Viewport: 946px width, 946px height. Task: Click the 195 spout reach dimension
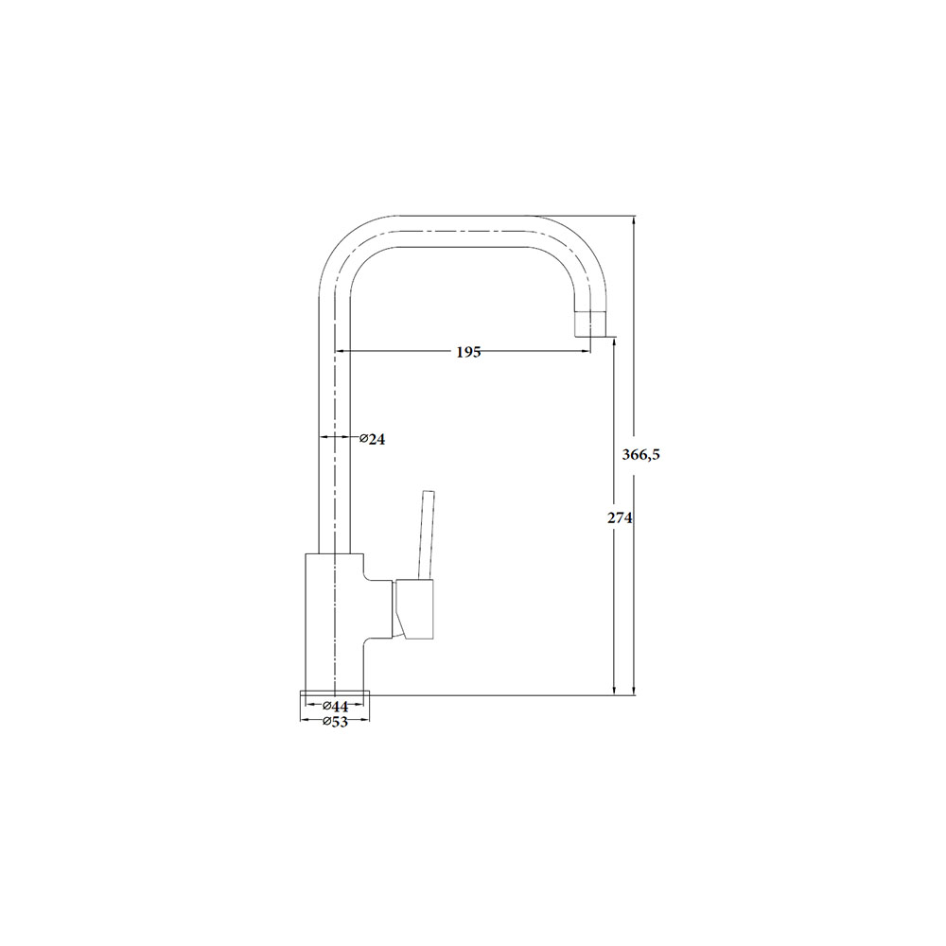[x=468, y=352]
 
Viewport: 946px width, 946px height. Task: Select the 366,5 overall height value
[x=640, y=455]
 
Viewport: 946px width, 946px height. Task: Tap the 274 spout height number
[x=620, y=517]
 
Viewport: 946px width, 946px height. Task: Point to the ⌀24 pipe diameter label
[x=372, y=439]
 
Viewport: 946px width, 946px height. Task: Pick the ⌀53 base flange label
[x=335, y=722]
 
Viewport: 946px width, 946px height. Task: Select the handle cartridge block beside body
[x=414, y=609]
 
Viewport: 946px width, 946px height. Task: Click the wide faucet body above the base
[x=334, y=622]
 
